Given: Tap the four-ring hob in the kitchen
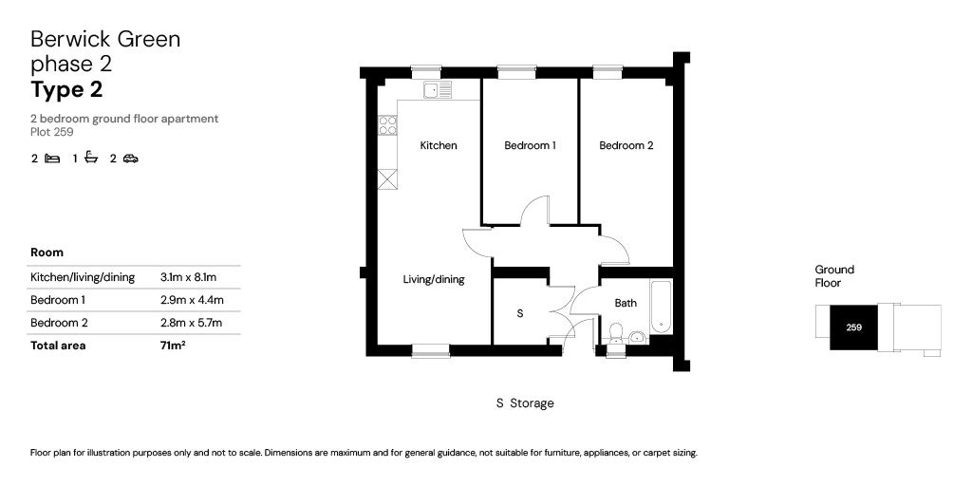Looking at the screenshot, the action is coord(387,126).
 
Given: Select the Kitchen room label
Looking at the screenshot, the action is coord(439,145).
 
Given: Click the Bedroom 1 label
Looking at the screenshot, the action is coord(530,145).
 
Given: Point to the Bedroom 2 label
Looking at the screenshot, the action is coord(626,145).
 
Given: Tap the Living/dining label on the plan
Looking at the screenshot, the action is coord(433,280).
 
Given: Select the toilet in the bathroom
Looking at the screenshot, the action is coord(615,333).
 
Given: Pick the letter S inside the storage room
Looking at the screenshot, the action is coord(520,313).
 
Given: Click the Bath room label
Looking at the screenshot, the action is coord(626,303).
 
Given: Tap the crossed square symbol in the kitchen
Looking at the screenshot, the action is coord(387,179).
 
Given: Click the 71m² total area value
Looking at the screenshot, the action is coord(173,346).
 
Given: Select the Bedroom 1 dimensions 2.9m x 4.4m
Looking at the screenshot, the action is coord(192,300).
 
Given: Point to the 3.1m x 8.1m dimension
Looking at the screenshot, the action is coord(192,277).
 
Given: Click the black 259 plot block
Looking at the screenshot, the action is coord(854,327).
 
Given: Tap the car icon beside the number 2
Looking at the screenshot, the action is coord(130,159).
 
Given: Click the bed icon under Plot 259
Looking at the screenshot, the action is coord(53,159).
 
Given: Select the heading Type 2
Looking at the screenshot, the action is coord(67,90).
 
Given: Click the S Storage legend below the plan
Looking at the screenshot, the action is coord(525,403).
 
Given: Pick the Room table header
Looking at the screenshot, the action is coord(47,252).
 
